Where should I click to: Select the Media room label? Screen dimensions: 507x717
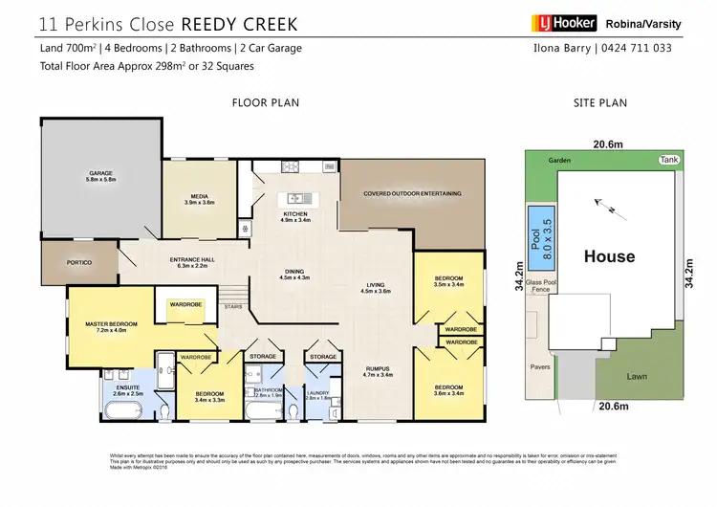tap(198, 199)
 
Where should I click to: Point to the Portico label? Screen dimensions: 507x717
tap(78, 261)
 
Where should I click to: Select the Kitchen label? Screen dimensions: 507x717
tap(293, 215)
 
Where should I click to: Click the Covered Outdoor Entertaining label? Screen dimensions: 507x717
tap(412, 193)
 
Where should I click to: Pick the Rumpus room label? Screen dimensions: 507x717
tap(380, 370)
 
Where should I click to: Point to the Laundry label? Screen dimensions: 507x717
tap(317, 393)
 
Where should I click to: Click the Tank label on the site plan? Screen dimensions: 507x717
tap(667, 160)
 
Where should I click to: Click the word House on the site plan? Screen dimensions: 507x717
tap(609, 255)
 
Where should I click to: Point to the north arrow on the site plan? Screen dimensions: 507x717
tap(600, 204)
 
